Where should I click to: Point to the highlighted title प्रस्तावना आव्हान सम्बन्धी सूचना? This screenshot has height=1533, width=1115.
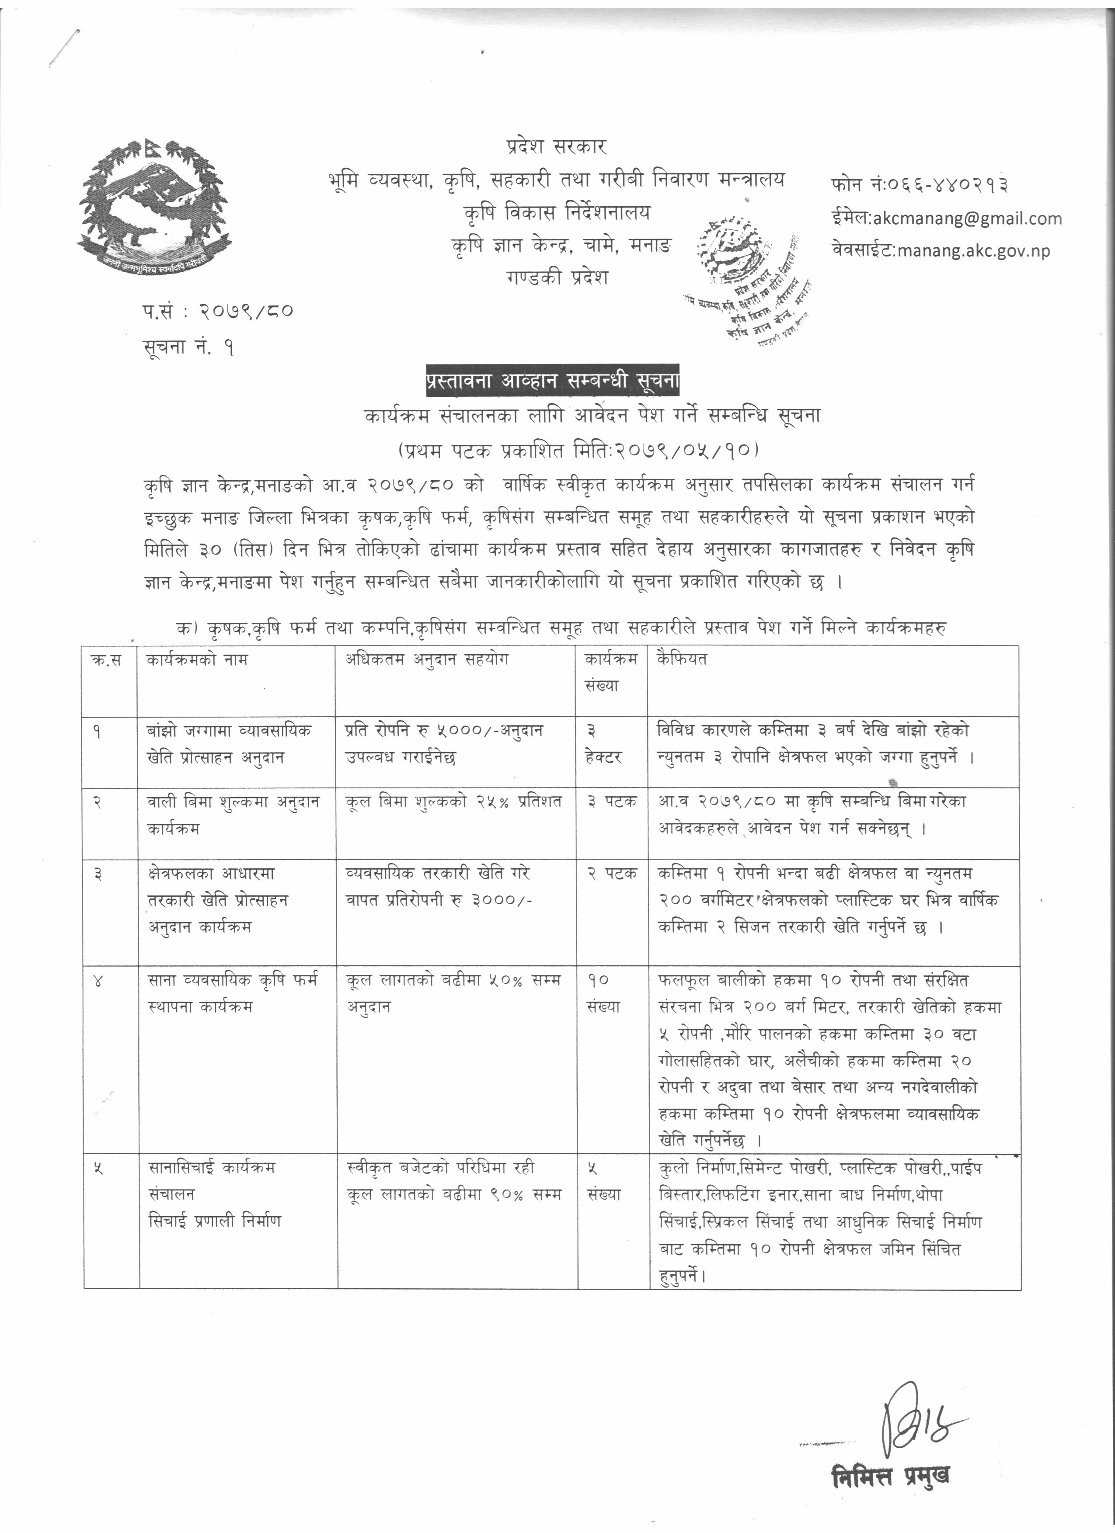click(552, 381)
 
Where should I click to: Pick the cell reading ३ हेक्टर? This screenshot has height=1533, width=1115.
click(603, 743)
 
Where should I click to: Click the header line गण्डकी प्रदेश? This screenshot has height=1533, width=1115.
click(557, 277)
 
